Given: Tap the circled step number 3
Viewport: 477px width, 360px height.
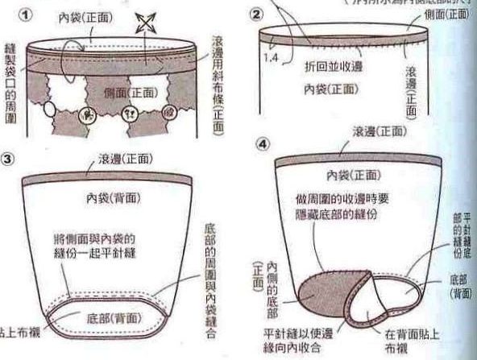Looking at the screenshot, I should pos(9,158).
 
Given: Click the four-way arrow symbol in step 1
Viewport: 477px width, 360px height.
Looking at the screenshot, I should pos(146,23).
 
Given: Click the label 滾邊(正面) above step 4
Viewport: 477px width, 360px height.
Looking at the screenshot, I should pos(380,131).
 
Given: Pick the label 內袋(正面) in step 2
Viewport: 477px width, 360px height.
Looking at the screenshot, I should pos(331,89).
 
